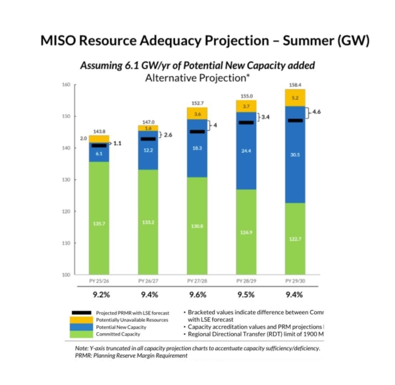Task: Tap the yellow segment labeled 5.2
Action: click(296, 97)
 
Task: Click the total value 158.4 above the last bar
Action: click(296, 85)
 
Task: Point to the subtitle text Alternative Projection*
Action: click(197, 77)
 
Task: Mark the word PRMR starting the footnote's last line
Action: click(84, 355)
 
